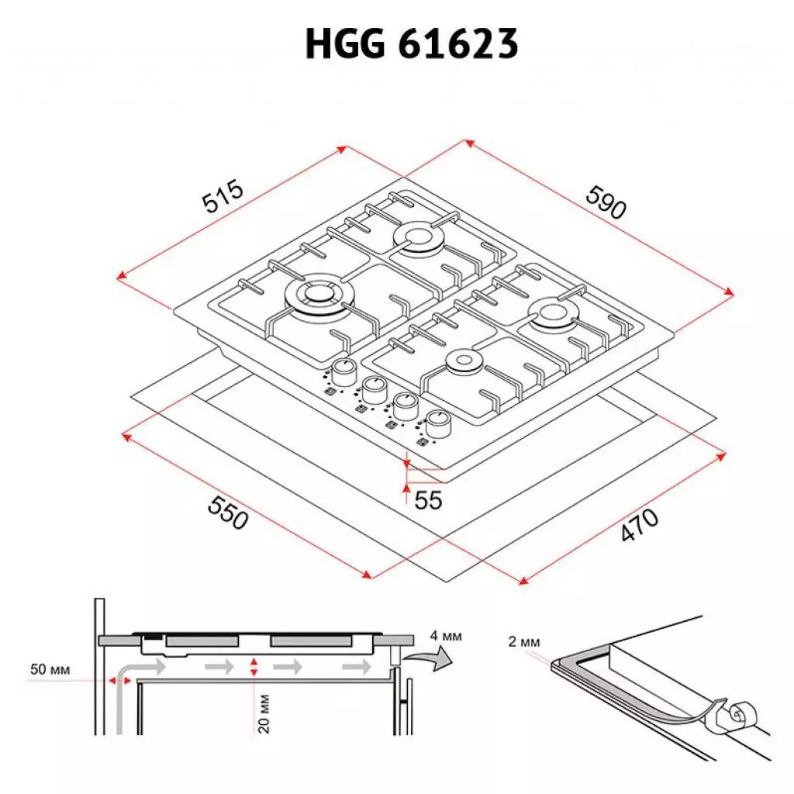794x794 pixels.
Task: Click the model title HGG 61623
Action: click(411, 45)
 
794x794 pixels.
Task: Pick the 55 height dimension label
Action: click(427, 500)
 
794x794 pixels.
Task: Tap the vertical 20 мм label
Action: click(264, 714)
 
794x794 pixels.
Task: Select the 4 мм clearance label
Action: click(446, 636)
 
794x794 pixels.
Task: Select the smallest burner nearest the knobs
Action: click(464, 362)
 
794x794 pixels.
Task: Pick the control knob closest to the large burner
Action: click(343, 369)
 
